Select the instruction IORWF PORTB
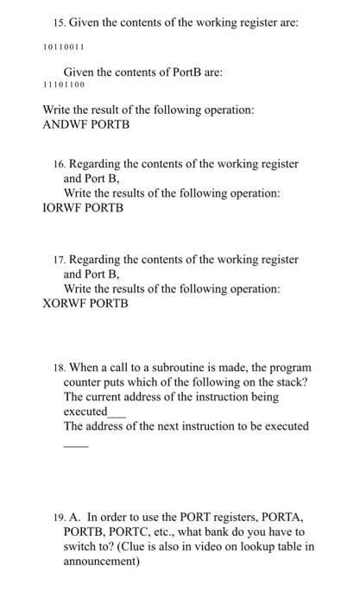(x=83, y=208)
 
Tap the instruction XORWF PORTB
(x=85, y=304)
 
